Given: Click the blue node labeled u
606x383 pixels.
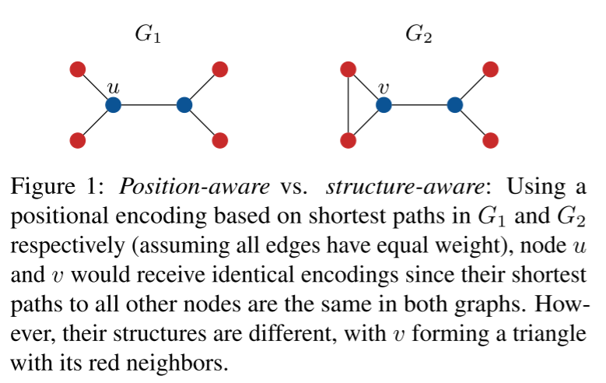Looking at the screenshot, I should [x=113, y=104].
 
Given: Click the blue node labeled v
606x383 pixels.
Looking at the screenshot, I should [x=384, y=104].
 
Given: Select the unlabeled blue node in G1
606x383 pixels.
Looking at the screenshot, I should [x=184, y=104].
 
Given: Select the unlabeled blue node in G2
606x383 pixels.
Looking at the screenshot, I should [x=455, y=104].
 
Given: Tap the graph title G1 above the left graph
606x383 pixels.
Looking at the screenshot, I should [x=149, y=34].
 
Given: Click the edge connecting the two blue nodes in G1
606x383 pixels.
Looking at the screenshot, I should [x=149, y=104].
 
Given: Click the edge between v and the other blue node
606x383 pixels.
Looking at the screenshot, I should [x=419, y=104].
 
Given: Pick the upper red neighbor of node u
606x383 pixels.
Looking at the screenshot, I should [x=77, y=69].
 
